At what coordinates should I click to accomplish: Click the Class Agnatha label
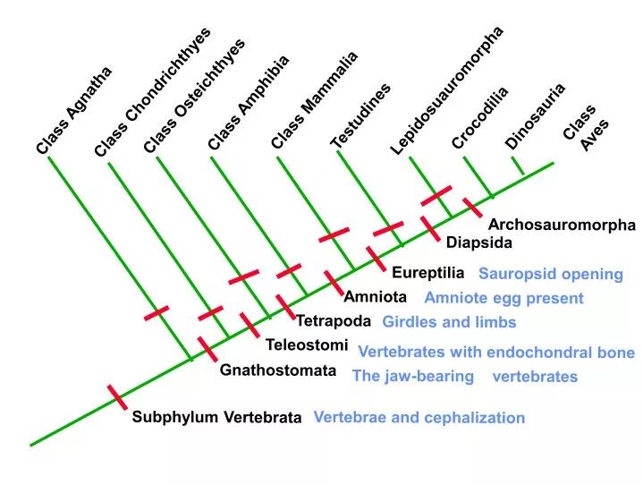pos(74,110)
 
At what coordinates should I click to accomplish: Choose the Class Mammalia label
pos(314,99)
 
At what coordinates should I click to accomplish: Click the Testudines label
pos(360,116)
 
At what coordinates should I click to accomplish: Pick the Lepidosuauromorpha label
pos(447,89)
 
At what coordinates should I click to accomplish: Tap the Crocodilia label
pos(479,117)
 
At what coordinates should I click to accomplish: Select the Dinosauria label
pos(535,116)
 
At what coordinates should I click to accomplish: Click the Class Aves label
pos(586,128)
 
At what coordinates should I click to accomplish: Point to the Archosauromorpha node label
pos(561,225)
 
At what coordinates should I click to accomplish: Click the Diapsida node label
pos(479,242)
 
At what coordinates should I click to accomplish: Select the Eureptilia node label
pos(427,272)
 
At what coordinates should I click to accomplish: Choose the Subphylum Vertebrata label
pos(217,417)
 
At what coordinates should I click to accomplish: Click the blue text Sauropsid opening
pos(550,274)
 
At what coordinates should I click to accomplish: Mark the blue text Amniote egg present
pos(503,298)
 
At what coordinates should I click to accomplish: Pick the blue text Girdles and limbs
pos(449,322)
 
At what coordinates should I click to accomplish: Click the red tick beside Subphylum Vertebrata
pos(116,396)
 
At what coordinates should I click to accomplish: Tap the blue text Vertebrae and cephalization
pos(419,417)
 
